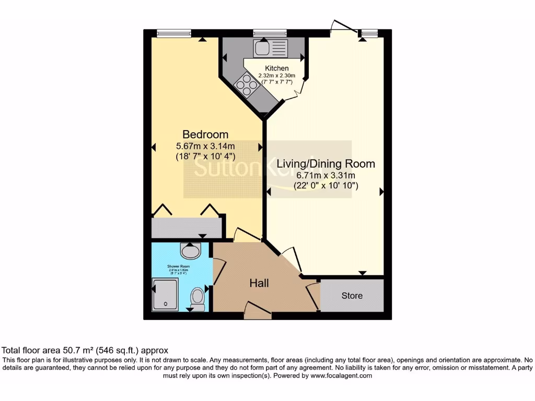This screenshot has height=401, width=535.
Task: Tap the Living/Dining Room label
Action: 326,163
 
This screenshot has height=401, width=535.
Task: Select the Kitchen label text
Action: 276,68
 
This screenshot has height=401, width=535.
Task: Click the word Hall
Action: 259,283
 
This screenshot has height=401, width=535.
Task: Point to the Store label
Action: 352,296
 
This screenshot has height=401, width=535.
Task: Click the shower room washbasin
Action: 190,251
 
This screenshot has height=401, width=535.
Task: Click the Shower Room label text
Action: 177,266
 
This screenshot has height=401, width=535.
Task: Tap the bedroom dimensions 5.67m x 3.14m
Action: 205,146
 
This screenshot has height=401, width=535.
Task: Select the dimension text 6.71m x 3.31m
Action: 326,175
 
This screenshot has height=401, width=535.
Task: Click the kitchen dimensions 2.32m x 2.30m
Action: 276,75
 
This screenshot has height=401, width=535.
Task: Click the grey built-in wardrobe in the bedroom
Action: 186,228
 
